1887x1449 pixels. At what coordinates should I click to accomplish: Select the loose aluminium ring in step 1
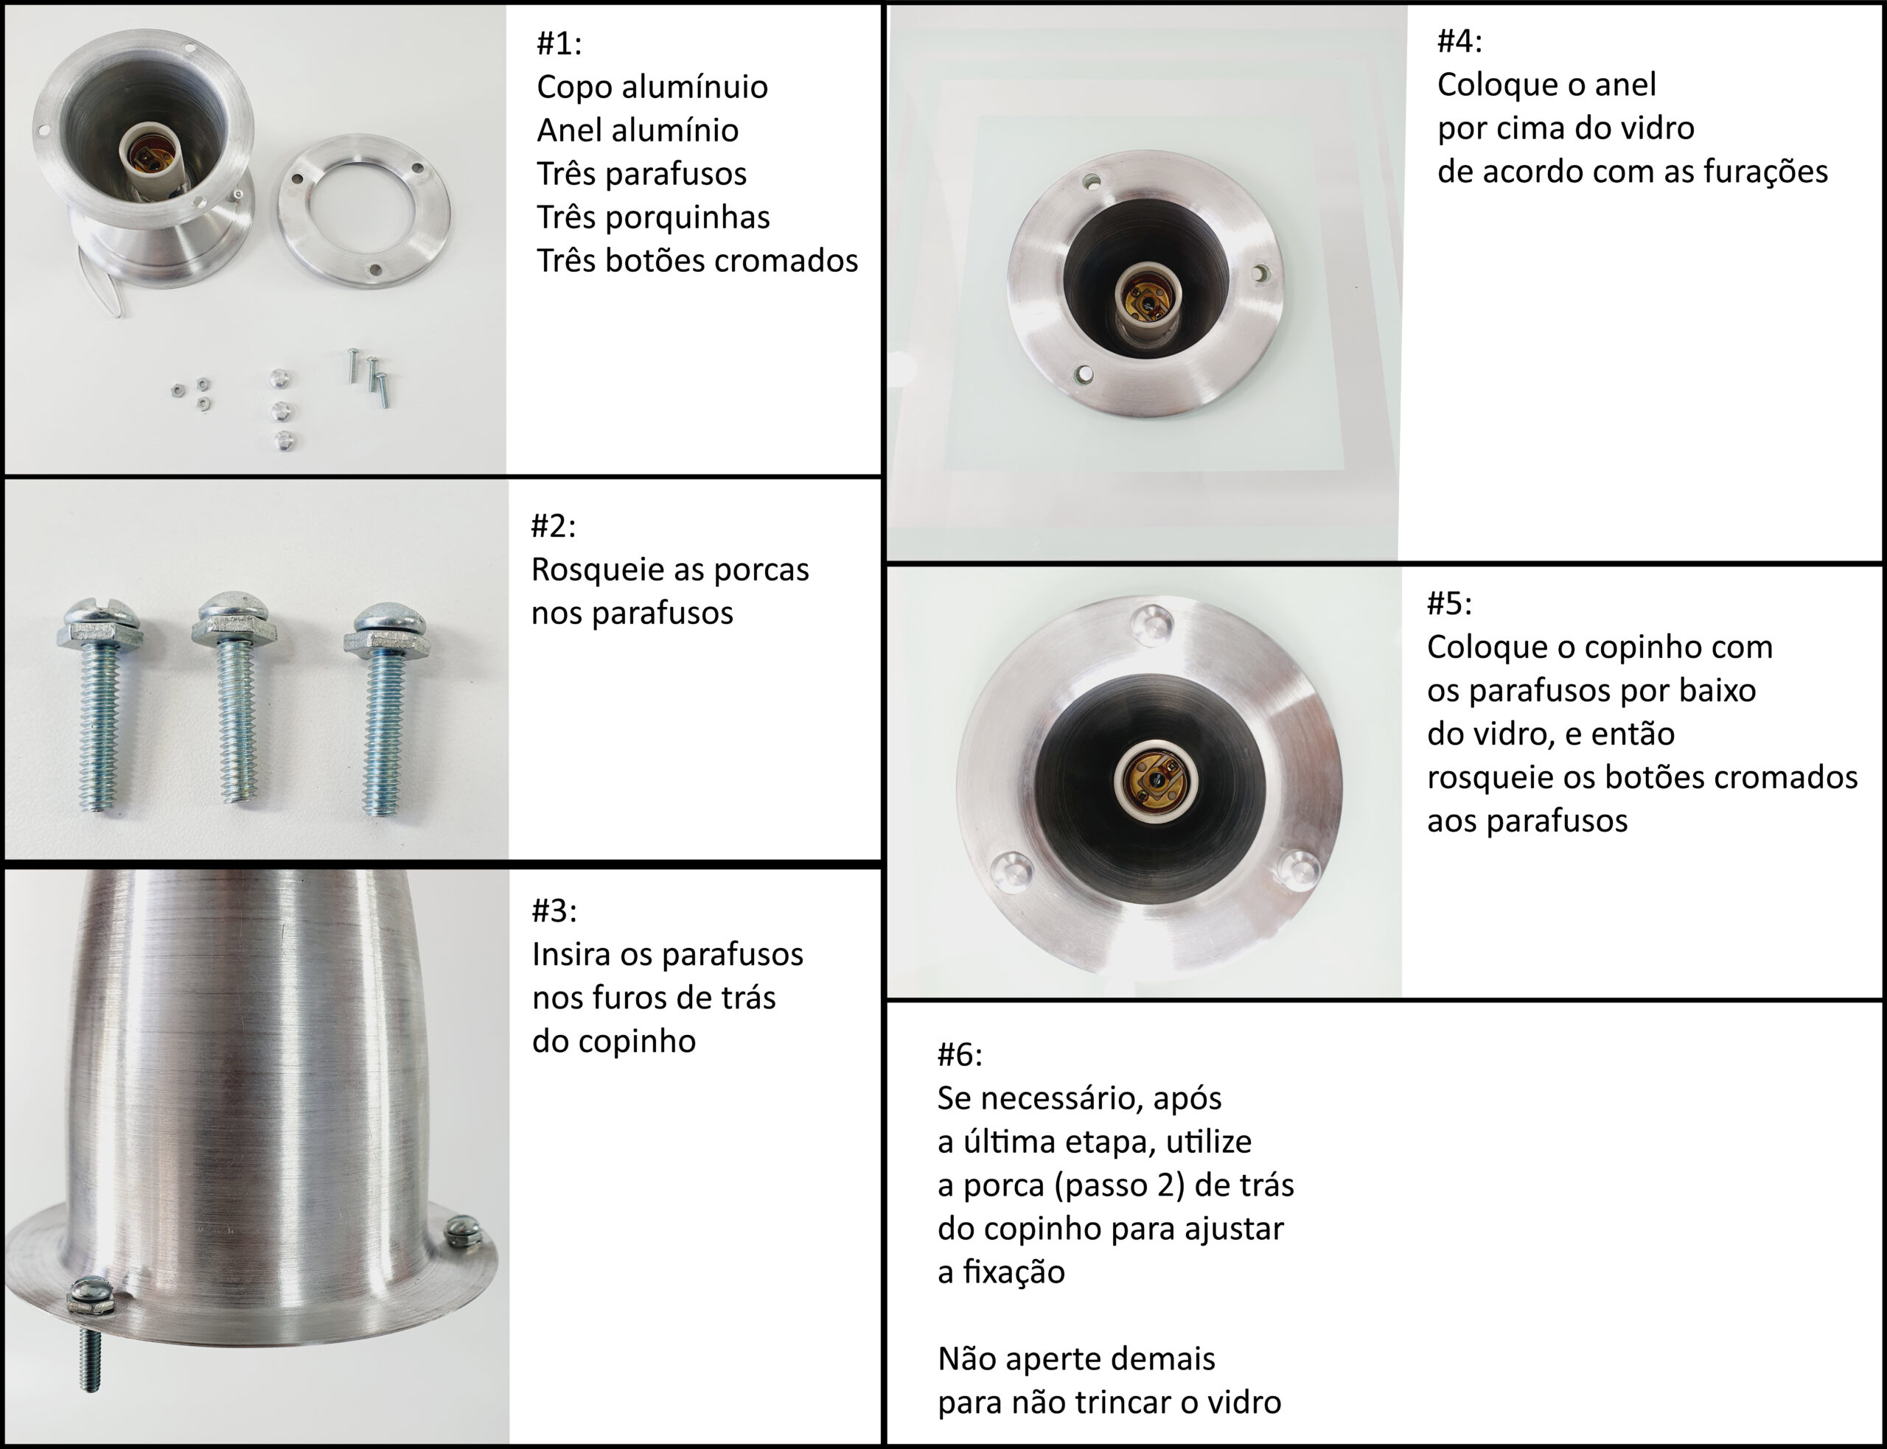click(364, 211)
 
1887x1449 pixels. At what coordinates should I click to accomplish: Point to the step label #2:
click(553, 525)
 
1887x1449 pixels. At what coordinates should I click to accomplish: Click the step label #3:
click(554, 910)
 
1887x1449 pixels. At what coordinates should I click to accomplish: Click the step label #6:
click(960, 1054)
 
